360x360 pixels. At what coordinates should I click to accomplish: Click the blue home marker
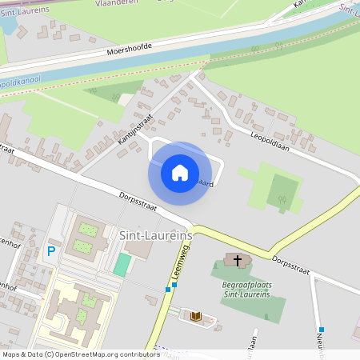(x=180, y=172)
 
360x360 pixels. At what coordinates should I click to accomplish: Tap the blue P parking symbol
(x=51, y=250)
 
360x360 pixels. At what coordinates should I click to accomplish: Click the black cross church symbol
(x=237, y=258)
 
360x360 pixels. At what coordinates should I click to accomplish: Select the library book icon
(x=195, y=316)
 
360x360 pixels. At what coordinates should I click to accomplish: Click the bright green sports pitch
(x=122, y=264)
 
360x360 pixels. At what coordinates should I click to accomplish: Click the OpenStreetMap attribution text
(x=80, y=354)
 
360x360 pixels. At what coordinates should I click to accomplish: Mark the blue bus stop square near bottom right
(x=321, y=330)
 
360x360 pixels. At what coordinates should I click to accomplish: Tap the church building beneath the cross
(x=237, y=261)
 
